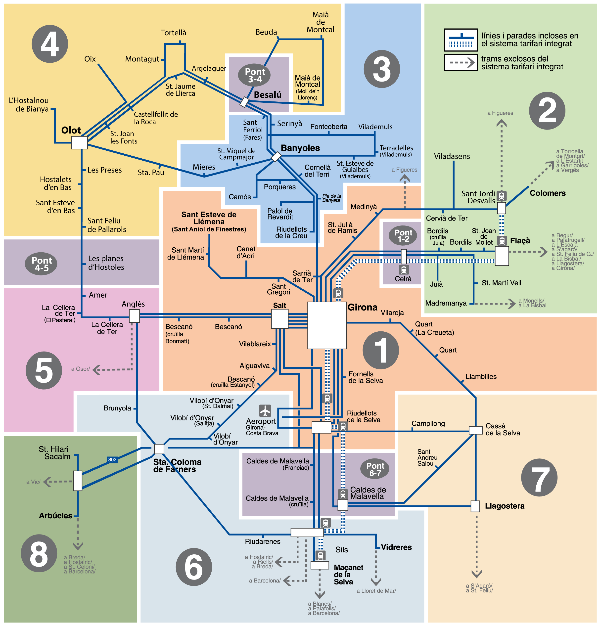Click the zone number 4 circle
pos(50,44)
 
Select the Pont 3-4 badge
pos(254,75)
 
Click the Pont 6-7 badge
pos(375,469)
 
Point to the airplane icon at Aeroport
pos(265,411)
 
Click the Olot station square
pos(80,143)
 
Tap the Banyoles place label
pos(300,148)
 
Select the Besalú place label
pos(268,95)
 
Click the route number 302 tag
pos(112,460)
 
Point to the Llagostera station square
pos(475,506)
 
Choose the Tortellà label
pos(174,33)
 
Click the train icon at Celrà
pos(404,269)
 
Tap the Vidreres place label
pos(396,547)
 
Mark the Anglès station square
pos(135,316)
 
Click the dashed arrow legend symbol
pos(461,63)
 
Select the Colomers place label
pos(548,193)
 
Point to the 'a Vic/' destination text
pos(33,482)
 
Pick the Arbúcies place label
pos(56,515)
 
